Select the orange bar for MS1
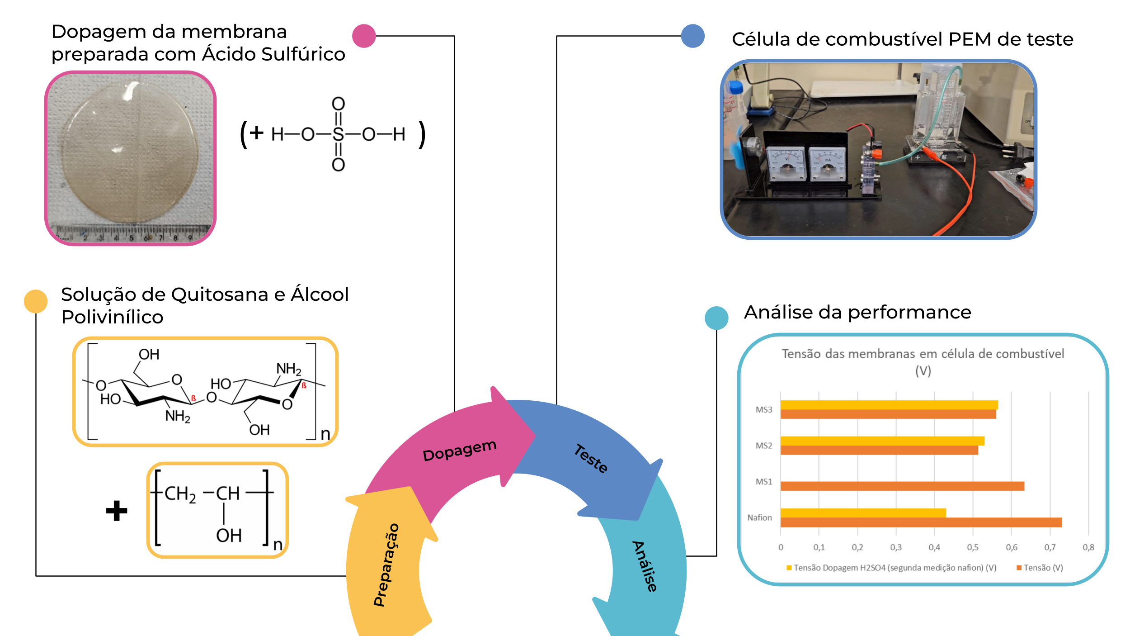(x=902, y=486)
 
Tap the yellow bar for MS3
(x=889, y=405)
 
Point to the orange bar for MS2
(x=879, y=451)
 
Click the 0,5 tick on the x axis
(x=973, y=547)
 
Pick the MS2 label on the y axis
(x=764, y=446)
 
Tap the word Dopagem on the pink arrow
(x=459, y=451)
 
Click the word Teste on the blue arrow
(x=591, y=459)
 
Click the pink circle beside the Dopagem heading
(x=364, y=36)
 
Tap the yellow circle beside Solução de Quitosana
(x=36, y=301)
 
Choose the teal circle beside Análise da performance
(x=716, y=318)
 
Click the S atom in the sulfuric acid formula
(x=338, y=134)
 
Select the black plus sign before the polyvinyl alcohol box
(x=117, y=511)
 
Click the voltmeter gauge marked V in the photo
(x=787, y=164)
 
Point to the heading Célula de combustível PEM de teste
(x=902, y=39)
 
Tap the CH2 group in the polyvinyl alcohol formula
(x=180, y=494)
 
